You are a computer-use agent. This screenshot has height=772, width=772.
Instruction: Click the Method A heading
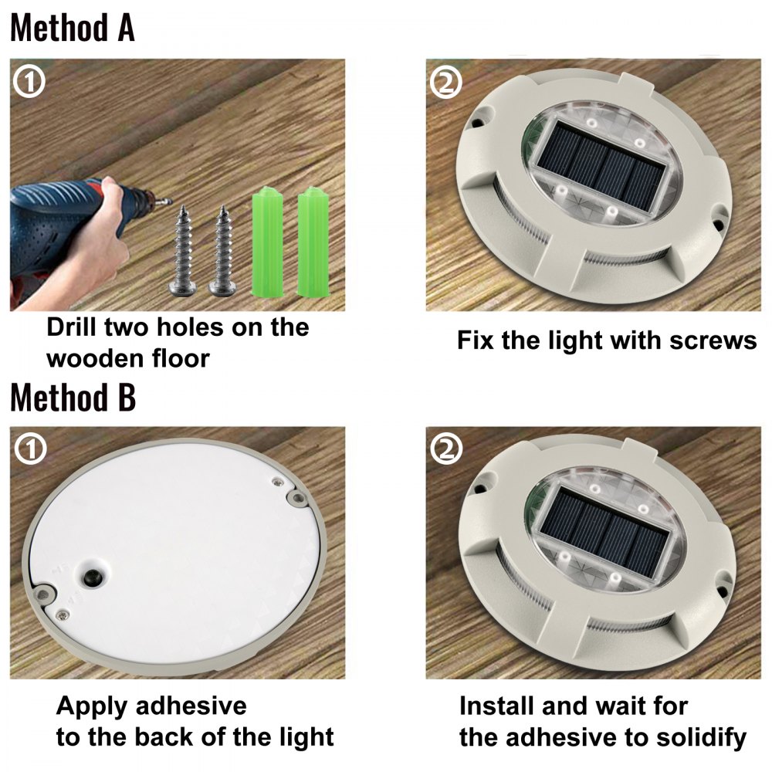click(x=73, y=29)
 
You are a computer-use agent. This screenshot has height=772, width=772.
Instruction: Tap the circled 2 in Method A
click(x=445, y=83)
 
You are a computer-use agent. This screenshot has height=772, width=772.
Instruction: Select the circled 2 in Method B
click(x=445, y=449)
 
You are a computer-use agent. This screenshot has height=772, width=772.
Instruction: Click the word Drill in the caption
click(x=75, y=327)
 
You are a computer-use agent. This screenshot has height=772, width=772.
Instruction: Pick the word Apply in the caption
click(x=95, y=706)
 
